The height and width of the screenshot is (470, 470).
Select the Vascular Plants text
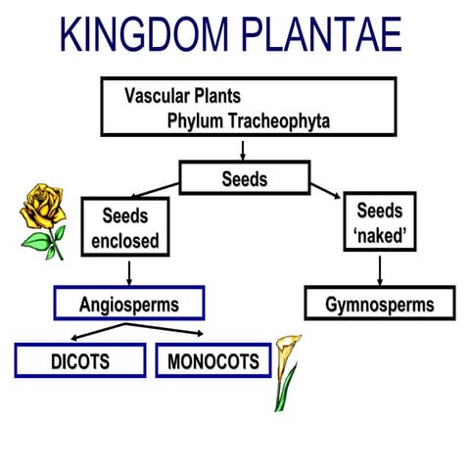pyautogui.click(x=182, y=97)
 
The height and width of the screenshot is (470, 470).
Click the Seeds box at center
pyautogui.click(x=244, y=179)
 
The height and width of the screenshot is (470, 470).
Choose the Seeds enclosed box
pyautogui.click(x=124, y=226)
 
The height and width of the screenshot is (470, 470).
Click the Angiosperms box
pyautogui.click(x=129, y=304)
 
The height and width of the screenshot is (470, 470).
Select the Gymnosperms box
pyautogui.click(x=379, y=304)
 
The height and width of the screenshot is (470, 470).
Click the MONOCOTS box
pyautogui.click(x=212, y=360)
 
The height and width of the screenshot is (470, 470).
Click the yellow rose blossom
pyautogui.click(x=43, y=205)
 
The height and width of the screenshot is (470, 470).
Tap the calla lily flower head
pyautogui.click(x=287, y=356)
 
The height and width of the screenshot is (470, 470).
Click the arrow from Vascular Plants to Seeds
pyautogui.click(x=242, y=149)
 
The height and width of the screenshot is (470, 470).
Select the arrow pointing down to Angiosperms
pyautogui.click(x=125, y=271)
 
